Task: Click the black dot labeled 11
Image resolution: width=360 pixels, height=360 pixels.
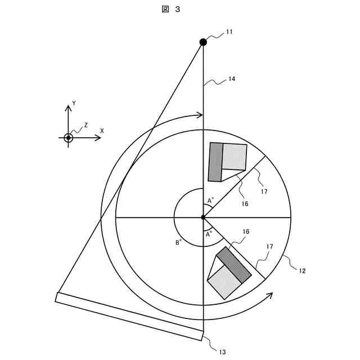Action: pyautogui.click(x=203, y=42)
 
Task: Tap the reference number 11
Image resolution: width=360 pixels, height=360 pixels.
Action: pyautogui.click(x=229, y=33)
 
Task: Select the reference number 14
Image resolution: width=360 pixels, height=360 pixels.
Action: pyautogui.click(x=231, y=79)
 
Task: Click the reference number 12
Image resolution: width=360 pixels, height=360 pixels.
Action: pyautogui.click(x=302, y=271)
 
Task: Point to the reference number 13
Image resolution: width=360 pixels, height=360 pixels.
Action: pyautogui.click(x=222, y=352)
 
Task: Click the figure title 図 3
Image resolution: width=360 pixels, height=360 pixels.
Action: pyautogui.click(x=173, y=9)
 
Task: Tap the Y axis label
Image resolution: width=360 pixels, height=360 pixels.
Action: pyautogui.click(x=74, y=104)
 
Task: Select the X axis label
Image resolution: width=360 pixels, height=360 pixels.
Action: pyautogui.click(x=102, y=130)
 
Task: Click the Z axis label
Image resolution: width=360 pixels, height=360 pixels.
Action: pyautogui.click(x=85, y=125)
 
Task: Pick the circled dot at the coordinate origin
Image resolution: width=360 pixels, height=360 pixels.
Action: pyautogui.click(x=68, y=138)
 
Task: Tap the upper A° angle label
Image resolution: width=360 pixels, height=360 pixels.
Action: pyautogui.click(x=210, y=200)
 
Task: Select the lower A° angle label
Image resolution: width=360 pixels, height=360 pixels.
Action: pyautogui.click(x=209, y=234)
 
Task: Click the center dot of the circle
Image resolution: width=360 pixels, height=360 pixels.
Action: pyautogui.click(x=203, y=217)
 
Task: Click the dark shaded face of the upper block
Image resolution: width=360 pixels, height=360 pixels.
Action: pyautogui.click(x=215, y=162)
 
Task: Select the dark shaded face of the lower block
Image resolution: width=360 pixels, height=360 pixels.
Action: pyautogui.click(x=233, y=264)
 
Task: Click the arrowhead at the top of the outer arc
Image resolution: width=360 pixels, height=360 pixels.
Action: pyautogui.click(x=199, y=115)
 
